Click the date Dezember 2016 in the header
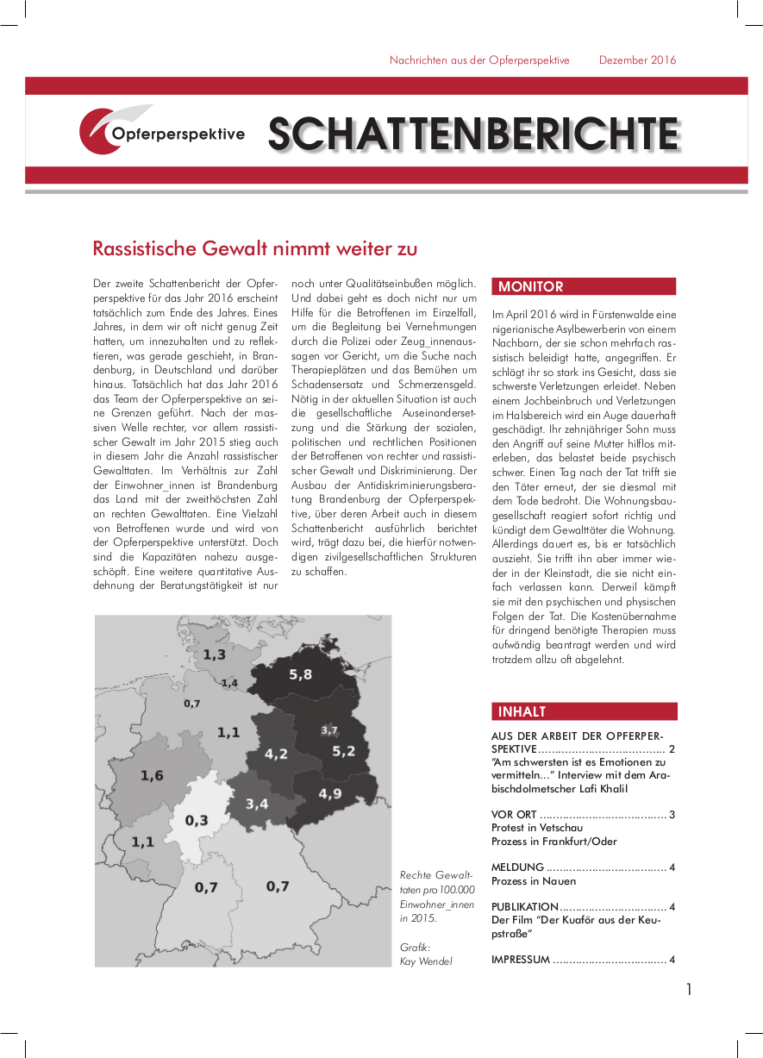click(x=638, y=60)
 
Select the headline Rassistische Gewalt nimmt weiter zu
click(x=255, y=249)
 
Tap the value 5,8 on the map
click(x=301, y=674)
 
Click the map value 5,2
click(x=343, y=751)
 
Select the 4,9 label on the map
click(x=330, y=794)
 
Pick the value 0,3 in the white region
click(x=196, y=820)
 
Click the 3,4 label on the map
click(x=257, y=804)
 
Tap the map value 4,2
click(x=276, y=754)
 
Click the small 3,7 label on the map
click(x=328, y=730)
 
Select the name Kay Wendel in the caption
click(x=426, y=961)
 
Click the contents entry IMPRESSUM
click(x=520, y=960)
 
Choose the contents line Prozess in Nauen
click(x=534, y=881)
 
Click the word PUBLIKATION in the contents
click(x=525, y=907)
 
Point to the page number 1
click(x=689, y=990)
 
